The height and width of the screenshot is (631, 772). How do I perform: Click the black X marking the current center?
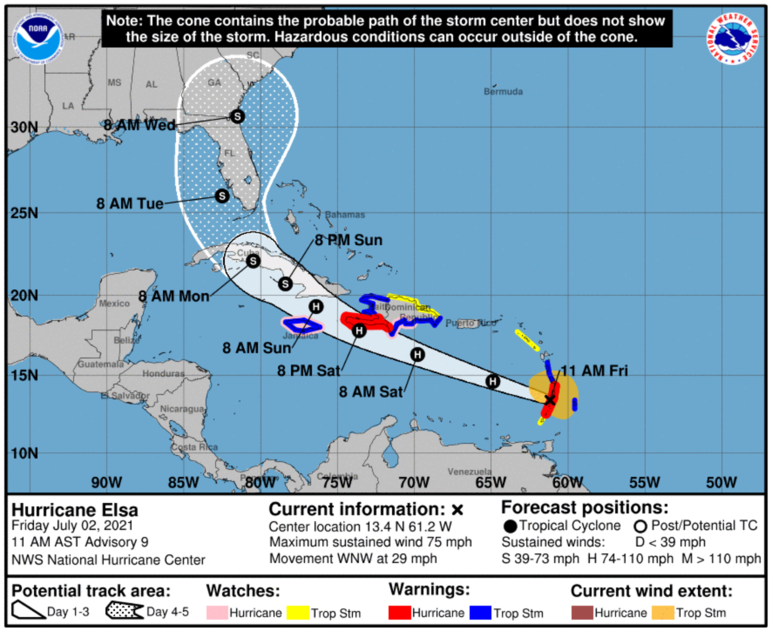tap(550, 400)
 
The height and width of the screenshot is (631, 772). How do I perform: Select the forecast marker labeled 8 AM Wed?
tap(237, 116)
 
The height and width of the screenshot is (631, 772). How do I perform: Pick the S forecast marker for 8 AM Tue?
tap(222, 196)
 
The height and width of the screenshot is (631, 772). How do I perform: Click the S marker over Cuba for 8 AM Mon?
tap(253, 262)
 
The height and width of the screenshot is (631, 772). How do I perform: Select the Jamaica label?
tap(302, 336)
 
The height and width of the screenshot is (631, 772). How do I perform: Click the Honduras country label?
tap(164, 373)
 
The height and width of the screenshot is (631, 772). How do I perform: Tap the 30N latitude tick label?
tap(23, 127)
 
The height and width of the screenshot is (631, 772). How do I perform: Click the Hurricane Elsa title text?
tap(75, 510)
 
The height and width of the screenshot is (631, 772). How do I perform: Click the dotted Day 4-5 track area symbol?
tap(120, 612)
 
